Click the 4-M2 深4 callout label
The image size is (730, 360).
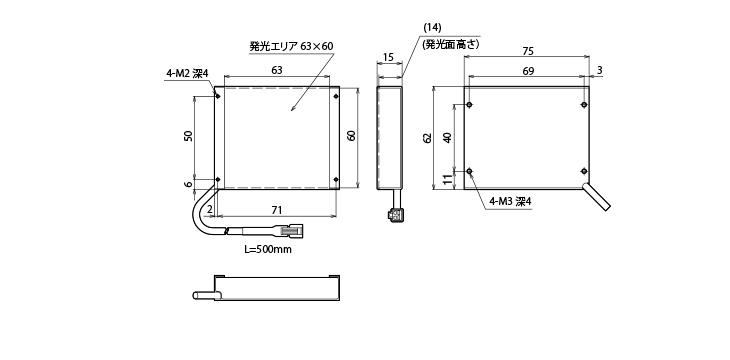tap(186, 74)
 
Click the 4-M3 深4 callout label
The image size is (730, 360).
tap(510, 201)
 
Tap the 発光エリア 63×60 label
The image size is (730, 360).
tap(291, 46)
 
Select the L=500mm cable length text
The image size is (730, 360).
tap(268, 249)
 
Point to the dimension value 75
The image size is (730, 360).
tap(527, 51)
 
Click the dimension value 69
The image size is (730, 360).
tap(527, 70)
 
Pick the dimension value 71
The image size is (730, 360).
tap(277, 210)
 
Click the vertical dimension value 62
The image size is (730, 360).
tap(428, 137)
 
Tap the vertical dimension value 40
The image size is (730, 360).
tap(447, 138)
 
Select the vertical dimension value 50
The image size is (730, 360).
tap(188, 136)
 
